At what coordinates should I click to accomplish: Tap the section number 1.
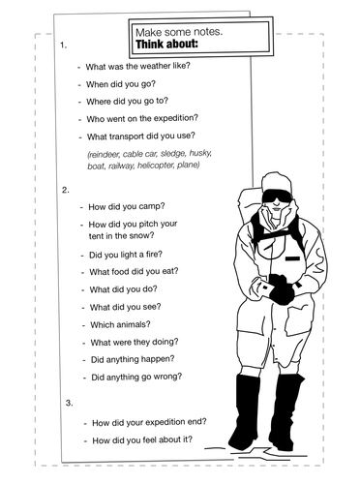coord(63,45)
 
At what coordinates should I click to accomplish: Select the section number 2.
coord(65,189)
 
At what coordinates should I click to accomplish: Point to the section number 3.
coord(68,402)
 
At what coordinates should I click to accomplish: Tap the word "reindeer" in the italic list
coord(105,154)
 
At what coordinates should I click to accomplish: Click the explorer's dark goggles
coord(274,198)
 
